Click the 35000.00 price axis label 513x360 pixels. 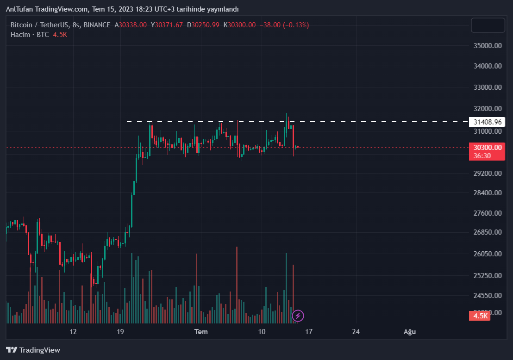point(488,46)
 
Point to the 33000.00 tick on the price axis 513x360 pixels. point(488,87)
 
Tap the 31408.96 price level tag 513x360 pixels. point(488,122)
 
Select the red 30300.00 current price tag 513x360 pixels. point(488,148)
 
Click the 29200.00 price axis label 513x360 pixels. point(488,173)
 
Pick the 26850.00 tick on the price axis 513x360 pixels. point(488,232)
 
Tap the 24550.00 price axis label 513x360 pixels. point(488,295)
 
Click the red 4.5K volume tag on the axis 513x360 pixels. point(481,316)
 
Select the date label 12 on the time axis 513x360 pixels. point(73,332)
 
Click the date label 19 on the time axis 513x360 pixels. point(120,332)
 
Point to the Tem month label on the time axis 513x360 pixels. point(200,332)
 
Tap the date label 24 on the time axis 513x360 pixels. point(356,332)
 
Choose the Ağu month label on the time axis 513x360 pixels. point(408,332)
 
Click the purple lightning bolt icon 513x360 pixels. point(298,316)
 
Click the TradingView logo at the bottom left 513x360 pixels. point(33,350)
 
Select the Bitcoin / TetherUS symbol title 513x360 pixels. point(39,25)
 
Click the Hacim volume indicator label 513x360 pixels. point(20,35)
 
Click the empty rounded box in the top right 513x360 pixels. point(488,25)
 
